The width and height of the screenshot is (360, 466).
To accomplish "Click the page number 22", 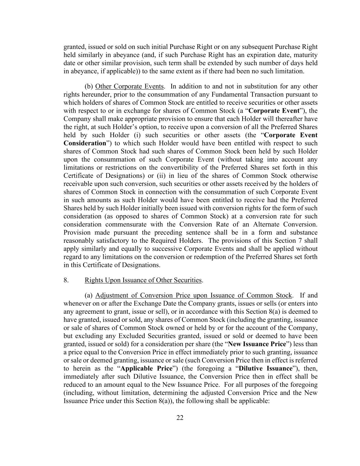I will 180,418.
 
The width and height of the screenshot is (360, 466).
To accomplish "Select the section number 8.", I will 66,280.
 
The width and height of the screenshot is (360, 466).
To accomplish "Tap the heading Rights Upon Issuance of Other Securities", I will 143,280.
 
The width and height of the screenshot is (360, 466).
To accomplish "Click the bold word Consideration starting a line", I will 85,143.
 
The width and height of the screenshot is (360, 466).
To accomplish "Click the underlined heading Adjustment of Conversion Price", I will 193,296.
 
